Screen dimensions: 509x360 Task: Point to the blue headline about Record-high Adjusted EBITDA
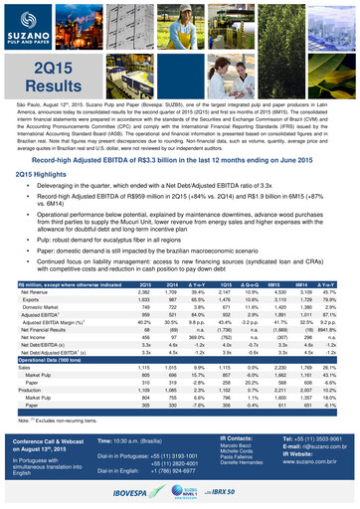[x=180, y=159]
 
